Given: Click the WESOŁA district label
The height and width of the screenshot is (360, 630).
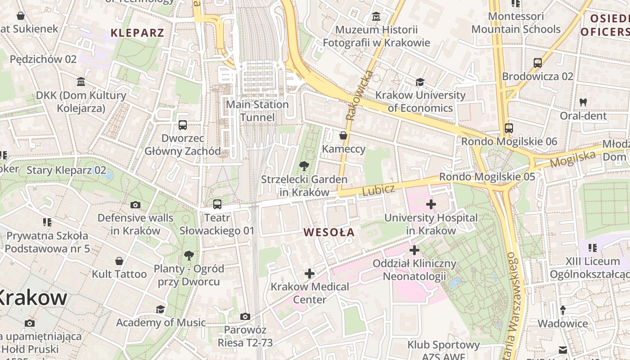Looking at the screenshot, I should point(329,233).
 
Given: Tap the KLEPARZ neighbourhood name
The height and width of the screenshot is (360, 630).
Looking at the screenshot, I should point(137,33).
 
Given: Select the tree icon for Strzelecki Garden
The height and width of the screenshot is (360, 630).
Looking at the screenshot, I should point(304,166).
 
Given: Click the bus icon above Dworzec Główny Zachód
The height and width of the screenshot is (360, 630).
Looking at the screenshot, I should point(182,125).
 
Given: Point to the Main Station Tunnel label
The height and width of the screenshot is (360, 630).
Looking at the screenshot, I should point(257,111).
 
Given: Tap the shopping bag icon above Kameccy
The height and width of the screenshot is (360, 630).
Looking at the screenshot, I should point(343,135).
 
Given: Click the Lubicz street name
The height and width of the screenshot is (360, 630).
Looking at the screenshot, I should point(378,190).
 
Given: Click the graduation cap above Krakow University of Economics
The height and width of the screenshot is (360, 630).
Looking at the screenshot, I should point(420,82).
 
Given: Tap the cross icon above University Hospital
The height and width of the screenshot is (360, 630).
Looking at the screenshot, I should point(431,204).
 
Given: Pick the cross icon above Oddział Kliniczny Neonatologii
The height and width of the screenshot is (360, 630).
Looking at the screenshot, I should point(414,250).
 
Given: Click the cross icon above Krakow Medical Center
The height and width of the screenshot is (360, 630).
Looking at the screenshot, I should point(309,273).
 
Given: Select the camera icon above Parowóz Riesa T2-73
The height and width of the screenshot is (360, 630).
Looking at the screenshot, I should point(245,317).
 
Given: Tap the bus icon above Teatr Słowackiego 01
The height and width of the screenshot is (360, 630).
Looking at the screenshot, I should point(217,204).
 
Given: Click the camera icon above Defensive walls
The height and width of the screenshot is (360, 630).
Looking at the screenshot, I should point(135,205).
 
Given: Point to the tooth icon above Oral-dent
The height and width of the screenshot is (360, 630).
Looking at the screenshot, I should point(583,102).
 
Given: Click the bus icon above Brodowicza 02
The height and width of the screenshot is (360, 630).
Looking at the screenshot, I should point(537,63).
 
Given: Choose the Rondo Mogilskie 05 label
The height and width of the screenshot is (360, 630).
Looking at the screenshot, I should point(487,177).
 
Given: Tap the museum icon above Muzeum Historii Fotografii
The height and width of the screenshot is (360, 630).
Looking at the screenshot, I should point(376,17).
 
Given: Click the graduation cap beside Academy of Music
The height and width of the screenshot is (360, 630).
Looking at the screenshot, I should point(160,309).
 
